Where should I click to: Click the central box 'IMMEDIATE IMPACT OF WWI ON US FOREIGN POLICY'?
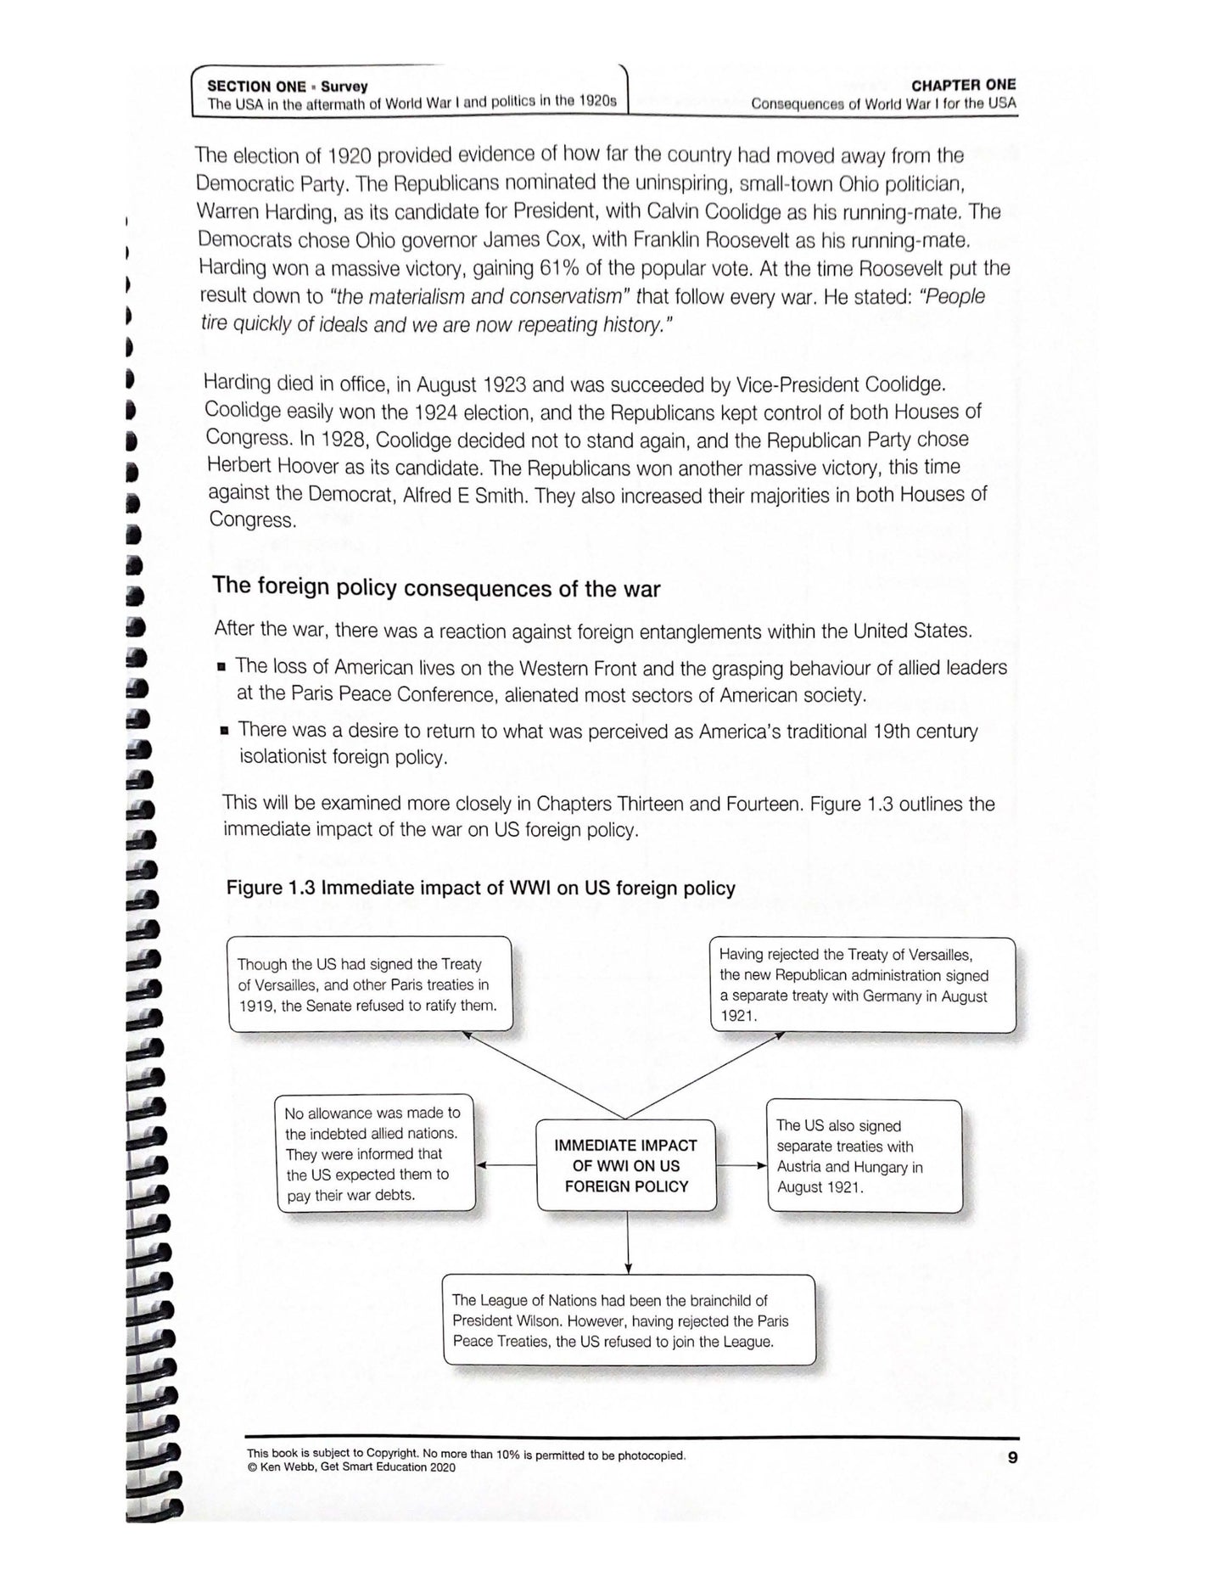626,1165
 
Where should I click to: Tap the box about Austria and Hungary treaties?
865,1156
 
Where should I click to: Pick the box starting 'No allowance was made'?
375,1153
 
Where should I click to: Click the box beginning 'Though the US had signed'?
370,984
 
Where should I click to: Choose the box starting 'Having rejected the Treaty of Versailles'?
862,984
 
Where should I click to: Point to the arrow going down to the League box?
628,1242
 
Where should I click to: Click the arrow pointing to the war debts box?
506,1165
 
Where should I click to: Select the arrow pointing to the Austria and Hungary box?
742,1165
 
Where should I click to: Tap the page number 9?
1011,1458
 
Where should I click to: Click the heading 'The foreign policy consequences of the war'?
436,587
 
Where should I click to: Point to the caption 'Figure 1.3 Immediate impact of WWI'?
480,888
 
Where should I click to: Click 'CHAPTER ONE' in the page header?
963,85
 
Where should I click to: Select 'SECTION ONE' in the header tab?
256,86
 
